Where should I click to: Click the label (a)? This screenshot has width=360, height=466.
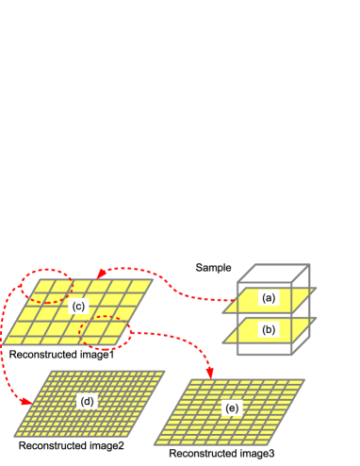pyautogui.click(x=269, y=298)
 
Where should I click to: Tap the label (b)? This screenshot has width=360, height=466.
pyautogui.click(x=269, y=329)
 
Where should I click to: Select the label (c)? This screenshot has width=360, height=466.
pyautogui.click(x=78, y=306)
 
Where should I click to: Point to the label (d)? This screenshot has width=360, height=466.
pyautogui.click(x=88, y=401)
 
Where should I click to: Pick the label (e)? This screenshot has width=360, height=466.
pyautogui.click(x=231, y=408)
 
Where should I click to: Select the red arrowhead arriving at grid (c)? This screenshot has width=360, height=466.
pyautogui.click(x=100, y=274)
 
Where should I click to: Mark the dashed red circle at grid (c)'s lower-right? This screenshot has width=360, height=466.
pyautogui.click(x=105, y=331)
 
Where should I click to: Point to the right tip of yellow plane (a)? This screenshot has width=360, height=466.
pyautogui.click(x=316, y=289)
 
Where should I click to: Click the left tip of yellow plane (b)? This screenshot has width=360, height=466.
pyautogui.click(x=223, y=341)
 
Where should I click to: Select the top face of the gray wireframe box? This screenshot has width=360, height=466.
pyautogui.click(x=273, y=274)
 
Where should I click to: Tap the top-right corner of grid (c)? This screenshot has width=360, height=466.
pyautogui.click(x=154, y=279)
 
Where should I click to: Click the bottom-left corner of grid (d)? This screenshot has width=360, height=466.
pyautogui.click(x=14, y=435)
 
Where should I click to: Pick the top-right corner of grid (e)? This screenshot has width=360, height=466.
pyautogui.click(x=304, y=380)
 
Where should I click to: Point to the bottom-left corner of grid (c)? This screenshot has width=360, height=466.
pyautogui.click(x=3, y=343)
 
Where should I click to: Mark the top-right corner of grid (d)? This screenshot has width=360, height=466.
pyautogui.click(x=165, y=371)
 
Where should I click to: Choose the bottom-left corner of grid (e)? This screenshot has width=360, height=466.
pyautogui.click(x=155, y=443)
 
